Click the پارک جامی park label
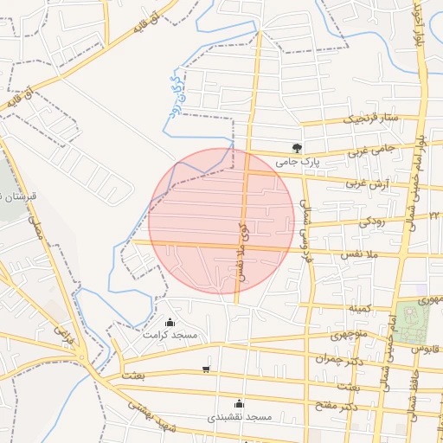[x=299, y=162]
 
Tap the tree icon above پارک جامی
[x=298, y=148]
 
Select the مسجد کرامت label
[x=170, y=335]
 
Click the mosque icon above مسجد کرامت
[x=169, y=322]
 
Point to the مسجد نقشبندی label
[x=240, y=417]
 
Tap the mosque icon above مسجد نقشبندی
[x=240, y=403]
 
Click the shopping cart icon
[x=205, y=369]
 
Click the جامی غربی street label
[x=372, y=150]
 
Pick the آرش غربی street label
[x=365, y=183]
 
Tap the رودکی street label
[x=372, y=221]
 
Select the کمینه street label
[x=360, y=308]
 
